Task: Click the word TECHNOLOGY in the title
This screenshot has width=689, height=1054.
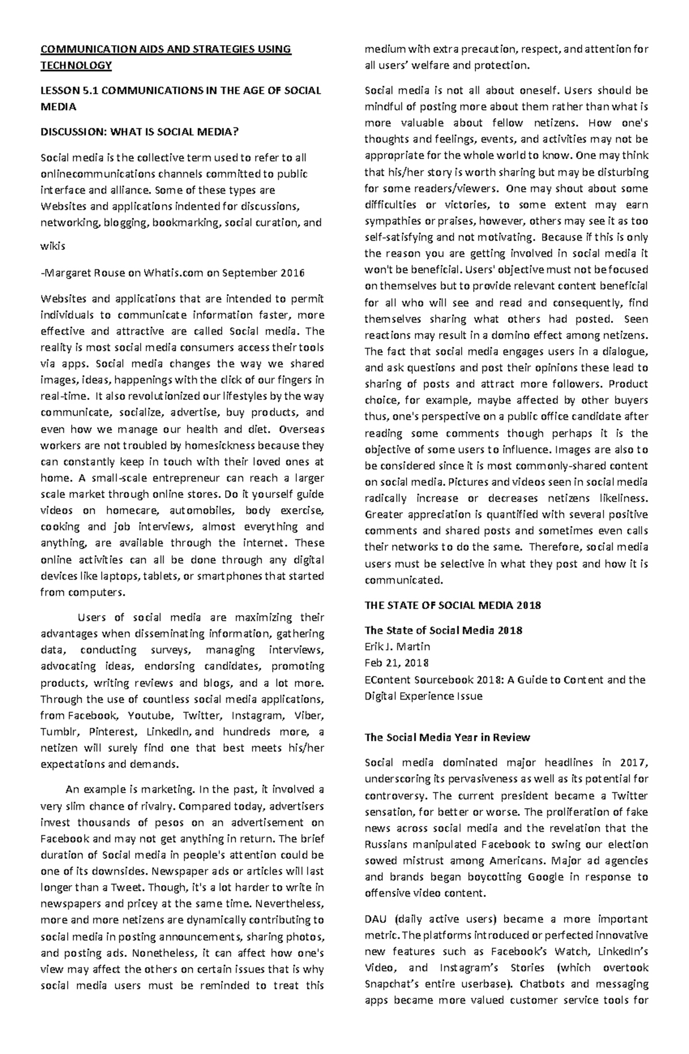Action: (75, 65)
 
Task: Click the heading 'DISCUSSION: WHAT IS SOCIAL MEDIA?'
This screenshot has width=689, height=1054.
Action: (138, 132)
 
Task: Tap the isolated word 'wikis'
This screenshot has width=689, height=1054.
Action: (53, 246)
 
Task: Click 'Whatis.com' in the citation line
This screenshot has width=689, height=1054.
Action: (172, 273)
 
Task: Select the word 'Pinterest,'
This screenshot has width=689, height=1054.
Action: (114, 732)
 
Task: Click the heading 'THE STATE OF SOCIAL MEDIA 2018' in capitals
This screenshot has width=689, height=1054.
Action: (453, 605)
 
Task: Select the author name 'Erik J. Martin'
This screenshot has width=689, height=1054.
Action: (397, 646)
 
